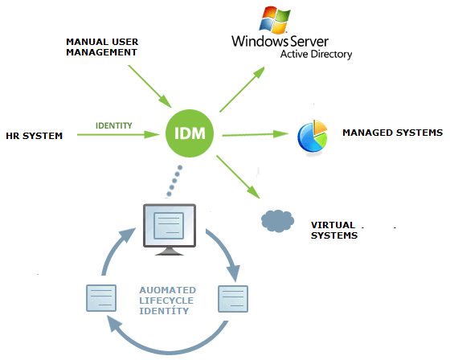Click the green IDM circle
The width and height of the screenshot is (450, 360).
click(190, 133)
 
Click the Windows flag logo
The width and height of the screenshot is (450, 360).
click(275, 19)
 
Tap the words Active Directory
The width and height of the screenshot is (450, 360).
click(316, 55)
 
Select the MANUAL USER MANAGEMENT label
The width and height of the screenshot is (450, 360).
click(102, 47)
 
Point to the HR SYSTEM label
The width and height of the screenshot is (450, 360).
click(34, 136)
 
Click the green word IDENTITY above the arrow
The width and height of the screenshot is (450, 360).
click(113, 125)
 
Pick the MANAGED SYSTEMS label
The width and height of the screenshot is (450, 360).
click(393, 133)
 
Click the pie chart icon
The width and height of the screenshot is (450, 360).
click(313, 136)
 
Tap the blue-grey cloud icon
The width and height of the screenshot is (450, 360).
click(277, 221)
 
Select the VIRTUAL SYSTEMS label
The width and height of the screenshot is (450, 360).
click(334, 231)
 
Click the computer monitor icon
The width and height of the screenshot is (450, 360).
click(170, 229)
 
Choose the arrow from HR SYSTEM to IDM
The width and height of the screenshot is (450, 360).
click(118, 135)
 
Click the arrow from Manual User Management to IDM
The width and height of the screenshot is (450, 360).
click(149, 87)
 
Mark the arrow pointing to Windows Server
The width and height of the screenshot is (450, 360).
click(242, 89)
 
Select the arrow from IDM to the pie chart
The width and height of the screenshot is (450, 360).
click(256, 134)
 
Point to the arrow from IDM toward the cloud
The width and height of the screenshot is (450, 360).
click(238, 177)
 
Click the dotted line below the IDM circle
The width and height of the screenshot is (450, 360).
click(174, 181)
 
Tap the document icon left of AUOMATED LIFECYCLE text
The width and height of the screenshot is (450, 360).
click(101, 298)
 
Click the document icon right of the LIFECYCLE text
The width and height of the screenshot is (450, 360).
click(233, 299)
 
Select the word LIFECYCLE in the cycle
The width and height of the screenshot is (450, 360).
click(166, 301)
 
